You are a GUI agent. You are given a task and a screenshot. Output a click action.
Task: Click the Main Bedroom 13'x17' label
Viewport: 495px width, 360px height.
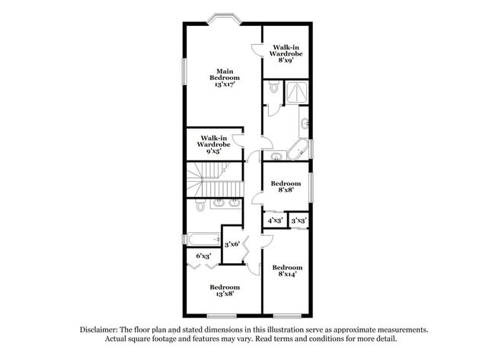click(225, 78)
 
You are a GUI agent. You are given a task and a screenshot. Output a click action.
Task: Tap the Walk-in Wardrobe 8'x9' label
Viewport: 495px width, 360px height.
click(286, 54)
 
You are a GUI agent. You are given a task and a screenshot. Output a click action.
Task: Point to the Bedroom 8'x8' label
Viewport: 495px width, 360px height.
click(286, 187)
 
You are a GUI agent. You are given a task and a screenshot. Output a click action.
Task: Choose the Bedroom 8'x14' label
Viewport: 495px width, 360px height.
click(286, 271)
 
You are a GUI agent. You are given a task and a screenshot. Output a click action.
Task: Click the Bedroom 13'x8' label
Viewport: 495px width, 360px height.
click(224, 291)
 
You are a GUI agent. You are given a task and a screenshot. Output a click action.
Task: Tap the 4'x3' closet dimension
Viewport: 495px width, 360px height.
click(275, 221)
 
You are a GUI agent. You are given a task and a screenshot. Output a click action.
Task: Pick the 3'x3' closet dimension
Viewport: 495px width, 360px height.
click(299, 221)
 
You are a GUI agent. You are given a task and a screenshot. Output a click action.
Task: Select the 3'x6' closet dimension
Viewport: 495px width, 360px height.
click(232, 244)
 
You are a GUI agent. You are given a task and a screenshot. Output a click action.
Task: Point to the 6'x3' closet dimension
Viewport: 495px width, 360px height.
click(203, 256)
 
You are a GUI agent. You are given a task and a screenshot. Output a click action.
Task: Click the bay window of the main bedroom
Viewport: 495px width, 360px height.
click(225, 19)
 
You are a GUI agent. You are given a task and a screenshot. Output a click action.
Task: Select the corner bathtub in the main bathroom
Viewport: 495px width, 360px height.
click(298, 148)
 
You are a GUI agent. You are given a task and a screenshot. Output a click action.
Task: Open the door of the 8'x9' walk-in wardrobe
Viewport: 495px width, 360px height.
click(256, 49)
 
